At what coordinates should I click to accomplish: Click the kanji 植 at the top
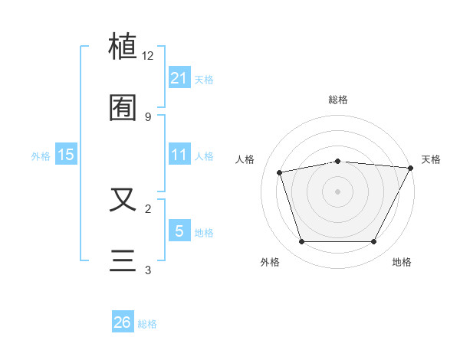(123, 47)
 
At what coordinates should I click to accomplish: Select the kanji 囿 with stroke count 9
(123, 107)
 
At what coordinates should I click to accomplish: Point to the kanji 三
(123, 260)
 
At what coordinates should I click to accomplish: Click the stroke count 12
(148, 56)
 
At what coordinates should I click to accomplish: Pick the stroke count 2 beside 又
(148, 208)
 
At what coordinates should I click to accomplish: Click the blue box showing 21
(179, 78)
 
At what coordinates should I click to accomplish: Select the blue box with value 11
(179, 155)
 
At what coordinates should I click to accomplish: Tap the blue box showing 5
(179, 231)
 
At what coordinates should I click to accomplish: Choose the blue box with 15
(66, 155)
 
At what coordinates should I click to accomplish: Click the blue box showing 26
(123, 322)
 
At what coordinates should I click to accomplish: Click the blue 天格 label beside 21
(204, 80)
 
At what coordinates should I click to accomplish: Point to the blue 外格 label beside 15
(41, 156)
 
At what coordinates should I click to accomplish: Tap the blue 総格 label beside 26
(147, 324)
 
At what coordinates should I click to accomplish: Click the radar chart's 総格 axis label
(338, 100)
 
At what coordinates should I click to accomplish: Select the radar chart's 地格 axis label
(402, 262)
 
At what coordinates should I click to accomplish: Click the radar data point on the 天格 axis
(411, 168)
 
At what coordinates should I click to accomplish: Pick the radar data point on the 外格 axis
(301, 242)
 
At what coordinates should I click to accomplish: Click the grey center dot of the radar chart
(338, 191)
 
